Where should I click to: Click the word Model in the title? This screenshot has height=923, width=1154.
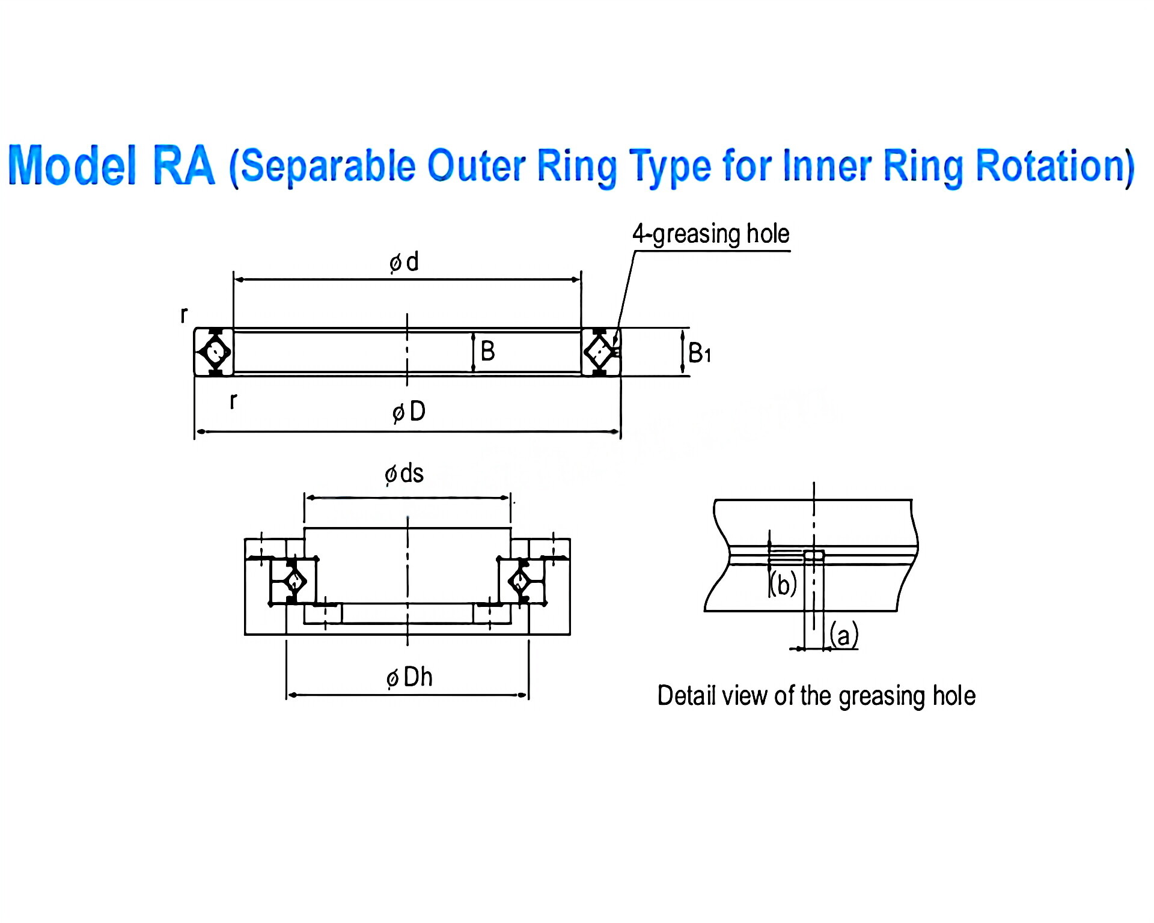tap(72, 165)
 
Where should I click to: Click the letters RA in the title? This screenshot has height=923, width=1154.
tap(183, 165)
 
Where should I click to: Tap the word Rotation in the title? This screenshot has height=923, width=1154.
tap(1055, 165)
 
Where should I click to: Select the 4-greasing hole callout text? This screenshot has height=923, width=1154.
tap(710, 234)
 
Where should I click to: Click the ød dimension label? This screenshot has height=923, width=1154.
tap(404, 262)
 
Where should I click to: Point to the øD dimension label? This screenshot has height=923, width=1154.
tap(409, 412)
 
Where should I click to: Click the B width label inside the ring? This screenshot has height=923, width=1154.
tap(487, 351)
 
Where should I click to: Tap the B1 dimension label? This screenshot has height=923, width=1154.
tap(699, 353)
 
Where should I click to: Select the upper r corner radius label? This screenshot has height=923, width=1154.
tap(184, 314)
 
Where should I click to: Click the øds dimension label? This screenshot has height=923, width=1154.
tap(404, 474)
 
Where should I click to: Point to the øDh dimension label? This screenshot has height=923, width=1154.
tap(409, 677)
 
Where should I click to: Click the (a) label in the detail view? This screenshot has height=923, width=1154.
tap(844, 635)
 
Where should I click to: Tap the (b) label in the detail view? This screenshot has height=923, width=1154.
tap(783, 584)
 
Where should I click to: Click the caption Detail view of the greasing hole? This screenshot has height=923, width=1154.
tap(816, 696)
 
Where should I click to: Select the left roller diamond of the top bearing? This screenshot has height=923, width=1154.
tap(215, 352)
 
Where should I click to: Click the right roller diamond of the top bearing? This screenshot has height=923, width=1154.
tap(599, 352)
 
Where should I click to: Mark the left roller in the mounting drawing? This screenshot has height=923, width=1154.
tap(294, 581)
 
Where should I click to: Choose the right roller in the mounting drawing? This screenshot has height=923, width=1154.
tap(520, 581)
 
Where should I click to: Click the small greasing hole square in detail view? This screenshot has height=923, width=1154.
tap(814, 555)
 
